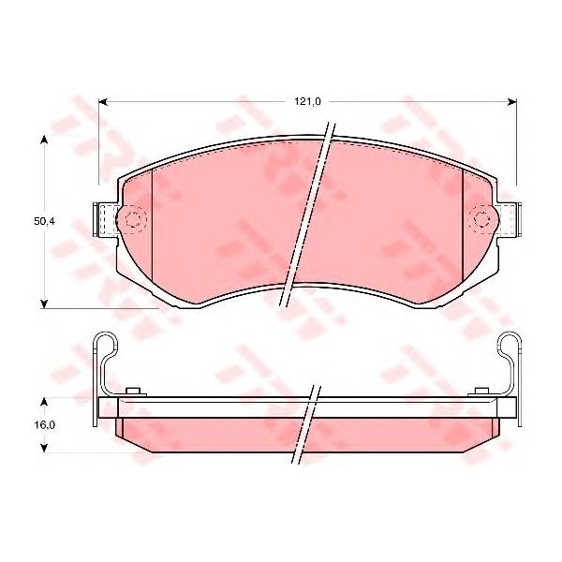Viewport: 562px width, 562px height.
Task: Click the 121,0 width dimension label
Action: (x=308, y=102)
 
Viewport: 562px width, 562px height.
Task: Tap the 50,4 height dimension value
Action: (x=44, y=221)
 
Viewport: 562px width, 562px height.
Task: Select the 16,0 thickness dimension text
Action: (x=44, y=425)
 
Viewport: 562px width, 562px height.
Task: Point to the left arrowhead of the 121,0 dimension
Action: (x=103, y=102)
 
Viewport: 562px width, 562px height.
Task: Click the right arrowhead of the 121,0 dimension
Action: (x=512, y=102)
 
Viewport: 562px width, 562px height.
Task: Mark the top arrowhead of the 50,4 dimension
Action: (x=44, y=140)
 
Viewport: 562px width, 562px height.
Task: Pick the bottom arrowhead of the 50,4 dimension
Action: (x=44, y=303)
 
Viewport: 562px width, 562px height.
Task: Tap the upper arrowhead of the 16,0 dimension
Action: (x=44, y=402)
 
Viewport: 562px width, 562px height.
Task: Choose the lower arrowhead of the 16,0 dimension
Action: (x=44, y=449)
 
